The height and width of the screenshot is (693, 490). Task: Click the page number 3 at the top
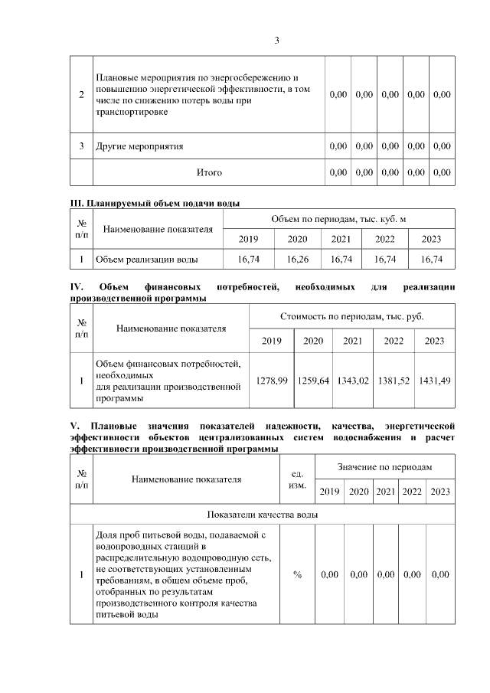[x=277, y=41]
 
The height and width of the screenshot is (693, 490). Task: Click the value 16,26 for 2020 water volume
[x=298, y=260]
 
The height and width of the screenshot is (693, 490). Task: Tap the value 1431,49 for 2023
[x=434, y=380]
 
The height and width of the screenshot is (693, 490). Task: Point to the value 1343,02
[x=353, y=380]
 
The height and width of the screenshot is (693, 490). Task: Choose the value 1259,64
[x=312, y=380]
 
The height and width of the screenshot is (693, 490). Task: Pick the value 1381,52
[x=394, y=380]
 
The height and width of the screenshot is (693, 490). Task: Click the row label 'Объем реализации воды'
[x=146, y=260]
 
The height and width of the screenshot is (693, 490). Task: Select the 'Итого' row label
[x=209, y=172]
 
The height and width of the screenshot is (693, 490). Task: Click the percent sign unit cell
[x=297, y=575]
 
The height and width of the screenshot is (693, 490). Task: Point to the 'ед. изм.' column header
[x=297, y=479]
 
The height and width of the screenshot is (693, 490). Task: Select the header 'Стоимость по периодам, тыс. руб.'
[x=352, y=316]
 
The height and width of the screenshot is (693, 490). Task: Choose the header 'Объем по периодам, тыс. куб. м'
[x=338, y=220]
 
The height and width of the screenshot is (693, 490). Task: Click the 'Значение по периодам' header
[x=385, y=466]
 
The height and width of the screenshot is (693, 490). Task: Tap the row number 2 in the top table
[x=81, y=95]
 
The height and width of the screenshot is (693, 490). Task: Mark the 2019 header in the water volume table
[x=249, y=240]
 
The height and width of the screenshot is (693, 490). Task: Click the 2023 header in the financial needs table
[x=434, y=341]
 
